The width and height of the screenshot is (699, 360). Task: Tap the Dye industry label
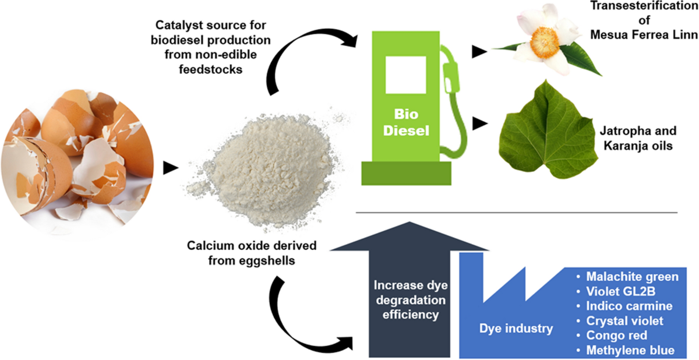[516, 329]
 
